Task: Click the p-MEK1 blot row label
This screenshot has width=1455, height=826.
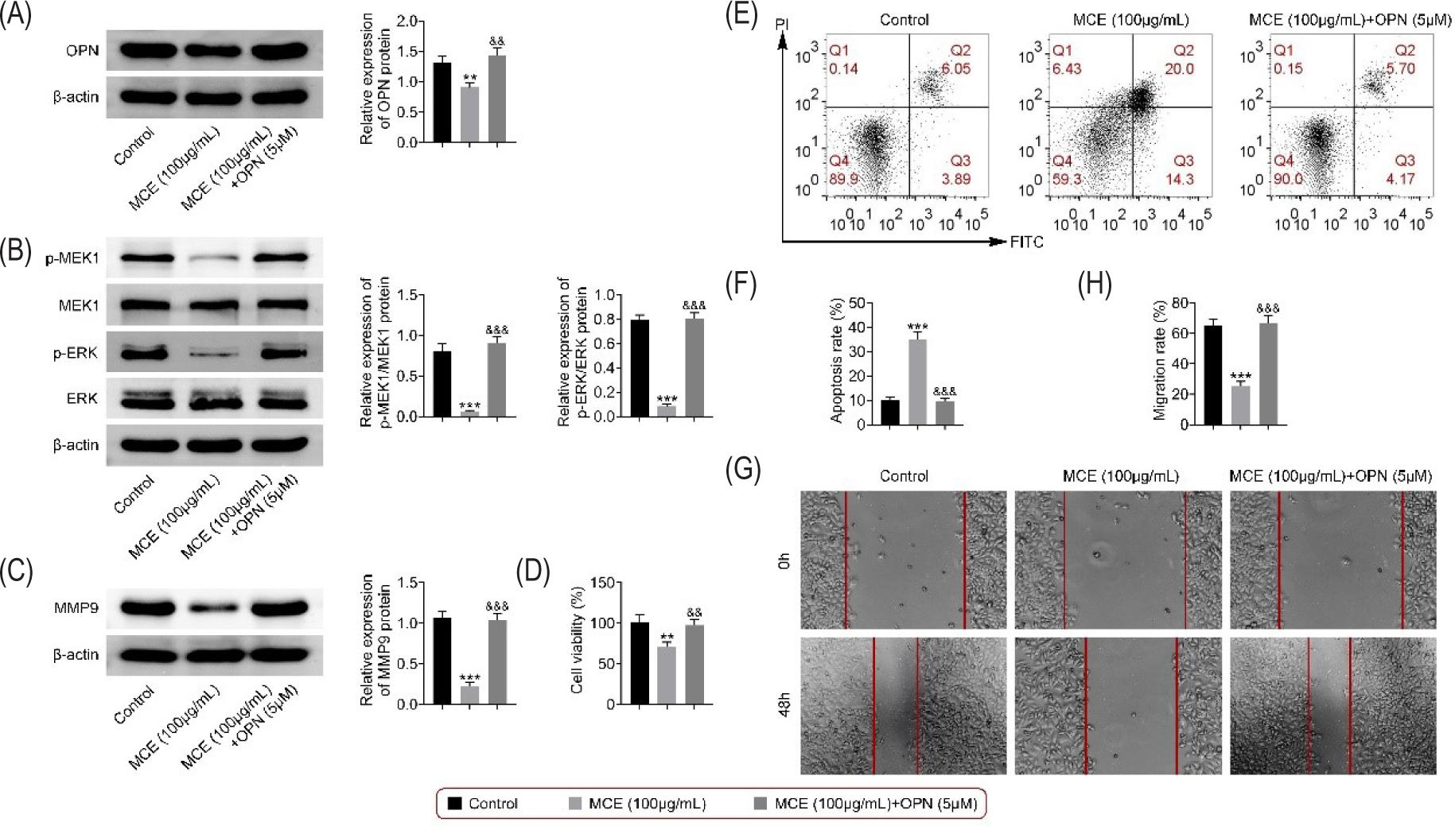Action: [72, 258]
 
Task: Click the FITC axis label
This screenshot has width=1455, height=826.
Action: [1026, 242]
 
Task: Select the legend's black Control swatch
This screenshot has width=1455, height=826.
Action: [455, 804]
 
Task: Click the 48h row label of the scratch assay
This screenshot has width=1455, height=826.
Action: [784, 704]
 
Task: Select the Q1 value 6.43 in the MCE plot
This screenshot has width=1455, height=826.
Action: [1067, 69]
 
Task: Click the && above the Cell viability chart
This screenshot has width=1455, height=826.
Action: [694, 613]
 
